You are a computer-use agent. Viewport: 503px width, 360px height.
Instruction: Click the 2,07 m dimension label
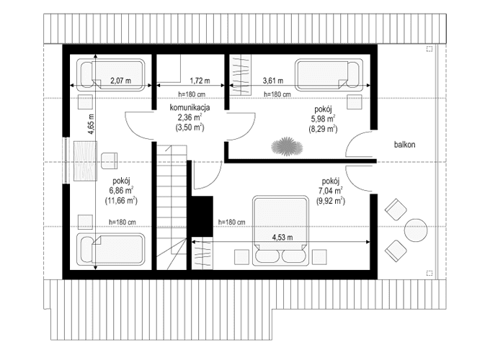(x=121, y=81)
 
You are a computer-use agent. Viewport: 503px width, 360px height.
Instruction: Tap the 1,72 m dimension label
(x=200, y=81)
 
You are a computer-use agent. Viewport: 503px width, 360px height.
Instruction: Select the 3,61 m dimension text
(x=272, y=81)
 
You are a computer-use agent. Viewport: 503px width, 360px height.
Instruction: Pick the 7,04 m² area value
(x=331, y=191)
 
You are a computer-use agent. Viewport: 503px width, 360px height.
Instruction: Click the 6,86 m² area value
(x=121, y=191)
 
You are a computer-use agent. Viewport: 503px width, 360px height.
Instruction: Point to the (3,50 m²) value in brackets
(x=188, y=127)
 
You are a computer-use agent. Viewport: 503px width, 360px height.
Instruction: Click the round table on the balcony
(x=416, y=230)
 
